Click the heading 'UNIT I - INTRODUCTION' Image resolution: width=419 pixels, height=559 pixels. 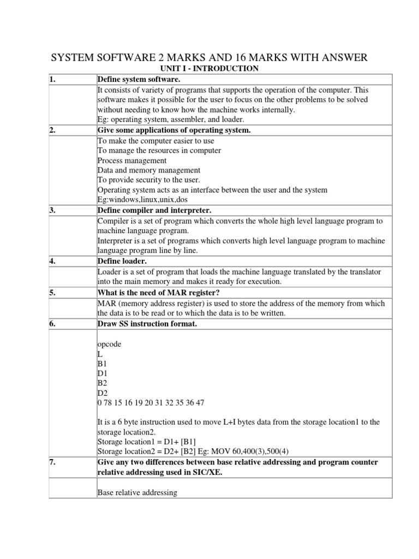pyautogui.click(x=209, y=68)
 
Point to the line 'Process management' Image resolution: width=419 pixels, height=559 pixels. pyautogui.click(x=131, y=160)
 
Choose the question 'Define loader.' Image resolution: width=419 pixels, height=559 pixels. pyautogui.click(x=121, y=261)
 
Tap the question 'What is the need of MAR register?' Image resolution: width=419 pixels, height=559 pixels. pyautogui.click(x=159, y=292)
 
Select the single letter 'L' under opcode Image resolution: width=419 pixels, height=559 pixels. pyautogui.click(x=100, y=355)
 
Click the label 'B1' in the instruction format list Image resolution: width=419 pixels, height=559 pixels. pyautogui.click(x=102, y=365)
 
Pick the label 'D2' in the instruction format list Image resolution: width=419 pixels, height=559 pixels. pyautogui.click(x=102, y=394)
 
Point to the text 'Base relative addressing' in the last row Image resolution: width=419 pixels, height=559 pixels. pyautogui.click(x=137, y=492)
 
